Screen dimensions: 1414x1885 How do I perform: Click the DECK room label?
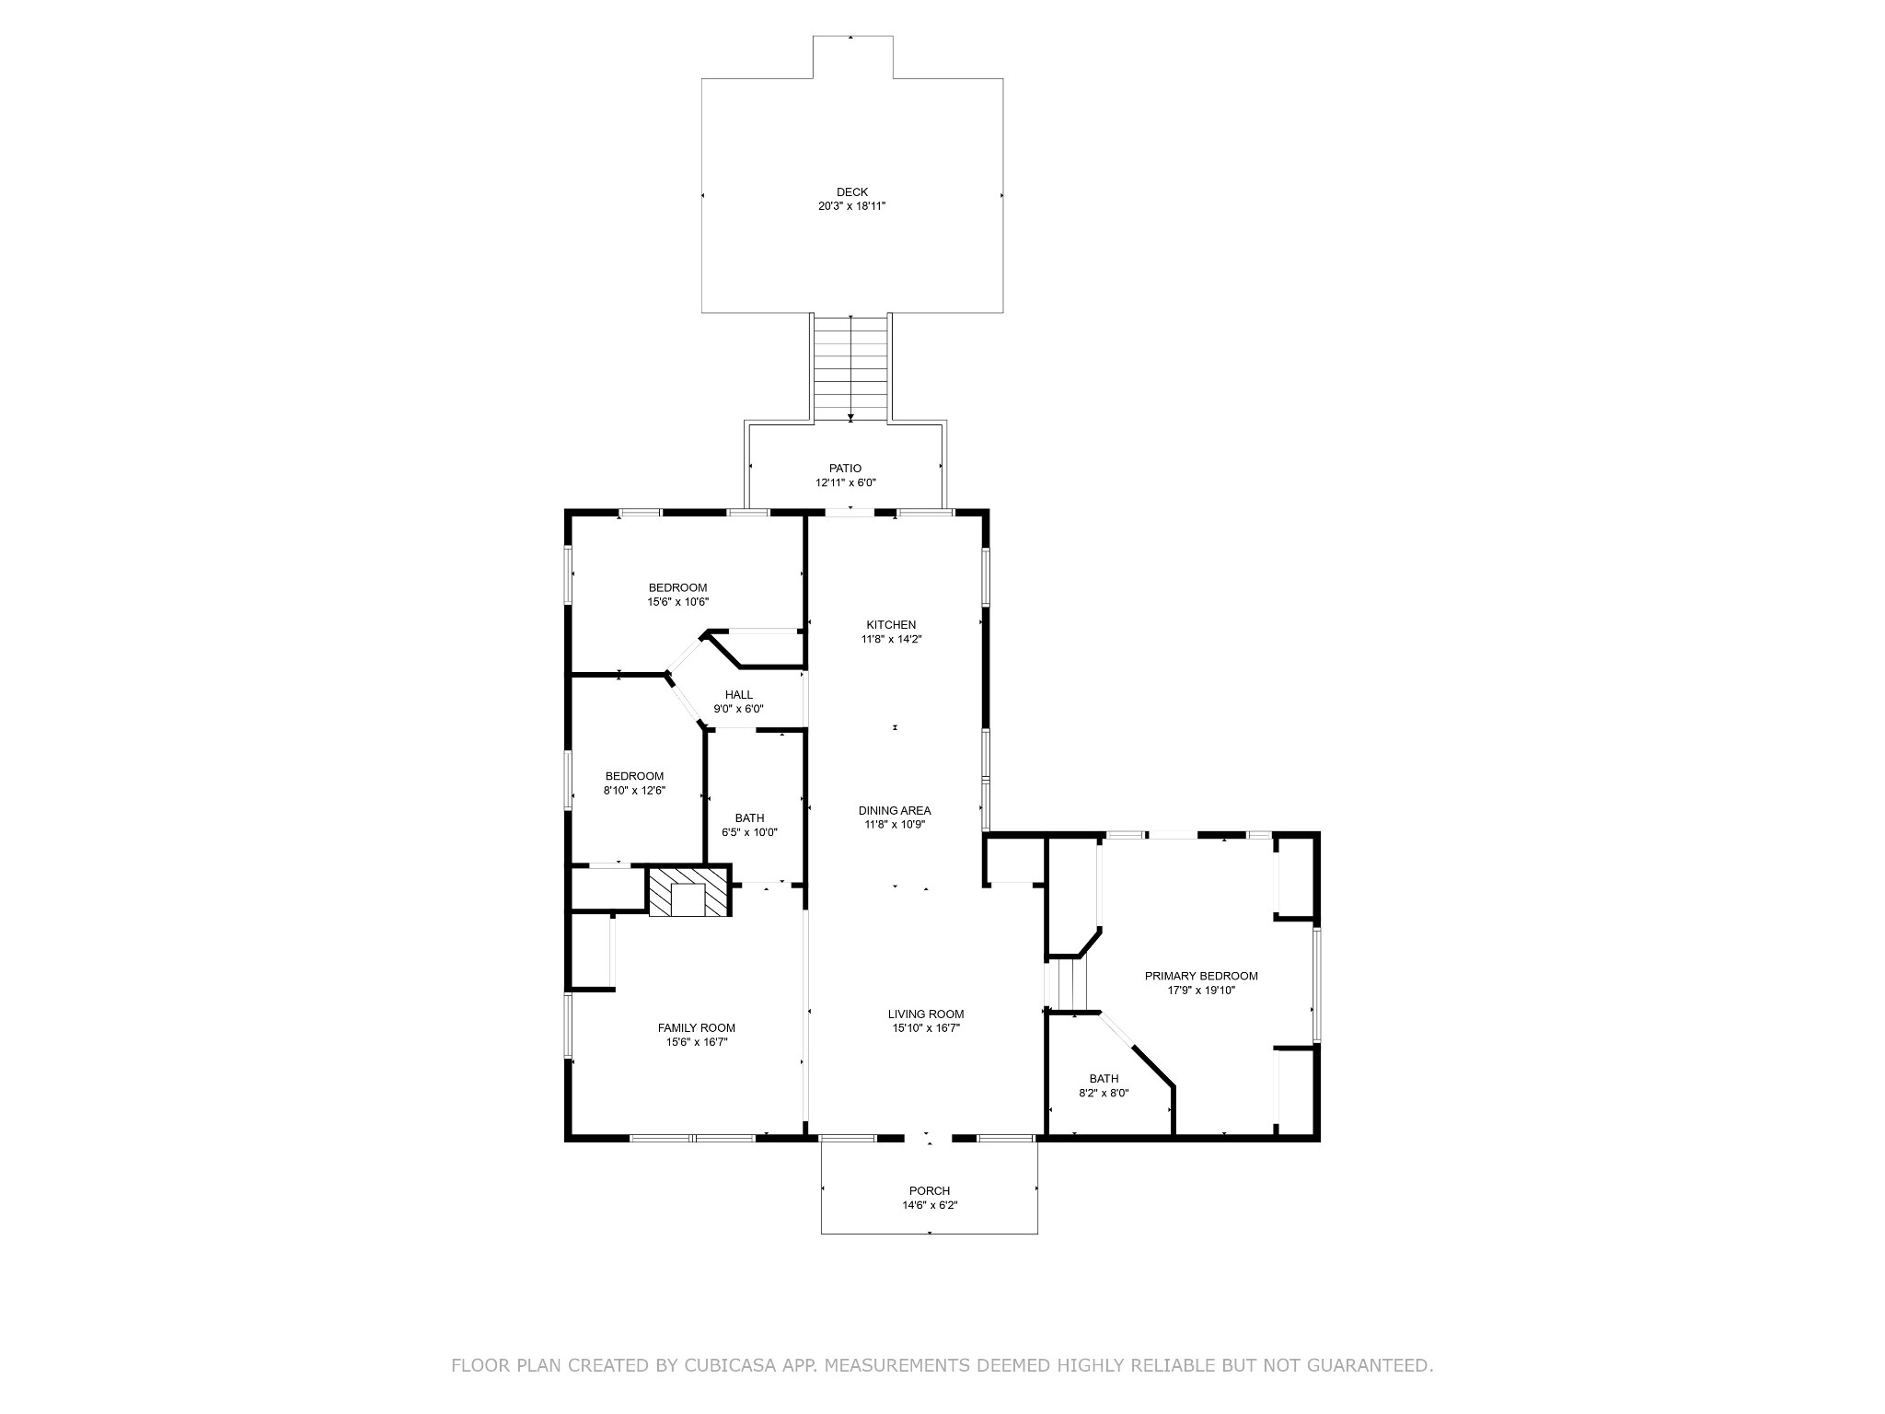point(851,192)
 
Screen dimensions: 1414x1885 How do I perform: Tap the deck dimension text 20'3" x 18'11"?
point(851,206)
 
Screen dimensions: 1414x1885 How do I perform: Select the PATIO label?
point(845,469)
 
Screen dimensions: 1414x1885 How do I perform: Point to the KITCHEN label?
point(891,625)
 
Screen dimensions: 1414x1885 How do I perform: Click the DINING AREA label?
point(895,811)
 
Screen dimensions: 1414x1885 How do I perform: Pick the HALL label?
point(738,695)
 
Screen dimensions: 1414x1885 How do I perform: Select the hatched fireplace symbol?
point(688,891)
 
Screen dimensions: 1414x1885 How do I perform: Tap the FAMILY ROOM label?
point(696,1028)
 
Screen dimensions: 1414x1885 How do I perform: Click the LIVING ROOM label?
point(926,1014)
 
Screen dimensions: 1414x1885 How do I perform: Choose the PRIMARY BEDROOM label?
point(1201,976)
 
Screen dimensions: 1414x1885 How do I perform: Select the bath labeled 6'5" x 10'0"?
point(749,825)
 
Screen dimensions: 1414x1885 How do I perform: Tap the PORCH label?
point(930,1191)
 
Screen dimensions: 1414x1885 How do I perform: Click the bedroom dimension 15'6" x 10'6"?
point(677,602)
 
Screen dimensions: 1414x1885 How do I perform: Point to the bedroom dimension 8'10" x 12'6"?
point(634,790)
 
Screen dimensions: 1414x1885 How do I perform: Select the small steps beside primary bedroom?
point(1069,983)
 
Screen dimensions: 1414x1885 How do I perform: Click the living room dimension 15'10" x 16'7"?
point(926,1028)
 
